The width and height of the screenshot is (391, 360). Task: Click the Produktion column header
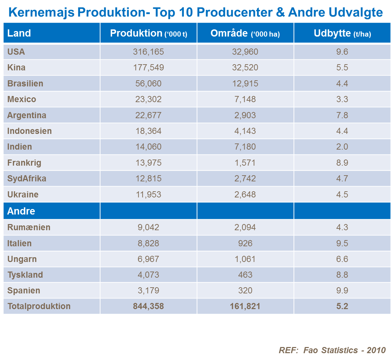tap(148, 33)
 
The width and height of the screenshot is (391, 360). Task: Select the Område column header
tap(245, 33)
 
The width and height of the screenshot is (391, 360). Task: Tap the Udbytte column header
tap(342, 33)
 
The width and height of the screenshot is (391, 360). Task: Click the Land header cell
tap(19, 33)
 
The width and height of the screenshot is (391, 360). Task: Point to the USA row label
tap(16, 52)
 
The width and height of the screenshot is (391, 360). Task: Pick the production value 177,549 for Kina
tap(148, 68)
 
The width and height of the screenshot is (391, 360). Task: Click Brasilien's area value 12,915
tap(245, 83)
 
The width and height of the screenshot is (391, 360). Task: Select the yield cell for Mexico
tap(342, 99)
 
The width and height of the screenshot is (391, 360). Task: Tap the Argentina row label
tap(27, 115)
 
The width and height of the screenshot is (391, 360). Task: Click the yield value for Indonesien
tap(342, 131)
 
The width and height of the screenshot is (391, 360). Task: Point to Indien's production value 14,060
tap(148, 147)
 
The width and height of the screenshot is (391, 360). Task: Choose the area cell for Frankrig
tap(245, 163)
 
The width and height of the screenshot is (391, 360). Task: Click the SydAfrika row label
tap(27, 179)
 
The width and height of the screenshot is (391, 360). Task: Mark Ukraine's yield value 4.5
tap(342, 194)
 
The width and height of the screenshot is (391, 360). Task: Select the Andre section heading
tap(21, 211)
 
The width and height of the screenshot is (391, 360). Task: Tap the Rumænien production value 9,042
tap(148, 227)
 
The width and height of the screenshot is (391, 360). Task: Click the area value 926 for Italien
tap(245, 244)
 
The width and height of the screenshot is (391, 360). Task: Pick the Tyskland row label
tap(25, 275)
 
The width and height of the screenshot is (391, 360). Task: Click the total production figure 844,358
tap(148, 306)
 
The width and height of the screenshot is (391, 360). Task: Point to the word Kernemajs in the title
tap(41, 13)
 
